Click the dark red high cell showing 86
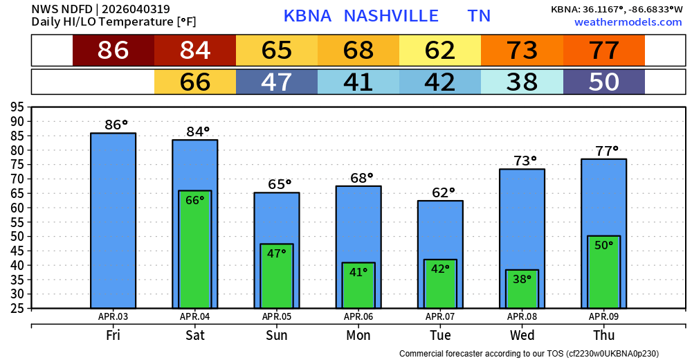113,51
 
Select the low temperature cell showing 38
522,82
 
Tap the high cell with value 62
440,51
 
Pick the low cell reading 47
277,82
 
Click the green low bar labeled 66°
195,249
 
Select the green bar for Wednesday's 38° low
522,289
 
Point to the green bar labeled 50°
603,272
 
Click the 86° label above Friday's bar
116,125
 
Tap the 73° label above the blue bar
525,161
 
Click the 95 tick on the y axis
17,107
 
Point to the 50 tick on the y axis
17,236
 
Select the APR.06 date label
358,317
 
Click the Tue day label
440,336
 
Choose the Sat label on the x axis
195,336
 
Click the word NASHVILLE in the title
391,16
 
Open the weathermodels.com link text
628,23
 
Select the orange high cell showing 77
603,51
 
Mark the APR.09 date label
603,317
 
